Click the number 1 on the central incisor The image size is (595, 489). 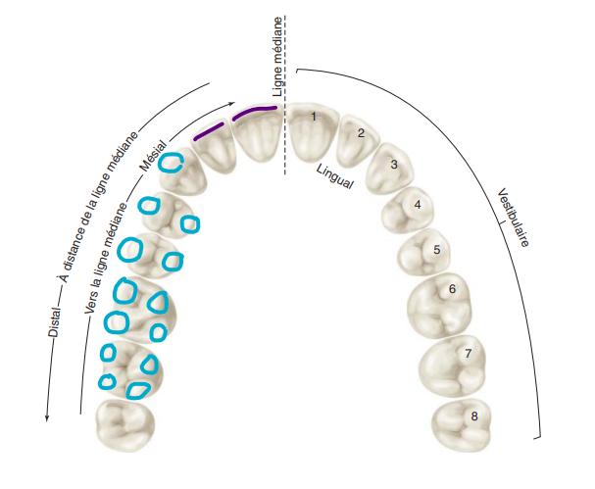[x=313, y=117]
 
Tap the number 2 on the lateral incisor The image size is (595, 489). [x=361, y=133]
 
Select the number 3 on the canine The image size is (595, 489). [x=394, y=165]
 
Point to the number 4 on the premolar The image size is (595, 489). [x=418, y=205]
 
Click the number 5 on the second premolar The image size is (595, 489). [x=437, y=250]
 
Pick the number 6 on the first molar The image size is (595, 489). [x=452, y=289]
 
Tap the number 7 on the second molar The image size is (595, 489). [x=470, y=353]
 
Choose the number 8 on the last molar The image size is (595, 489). [x=474, y=416]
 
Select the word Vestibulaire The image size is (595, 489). [x=513, y=217]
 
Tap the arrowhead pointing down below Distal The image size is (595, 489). [x=47, y=418]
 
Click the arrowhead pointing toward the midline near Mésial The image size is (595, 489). [x=231, y=102]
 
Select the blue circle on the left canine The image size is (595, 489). [x=172, y=163]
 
